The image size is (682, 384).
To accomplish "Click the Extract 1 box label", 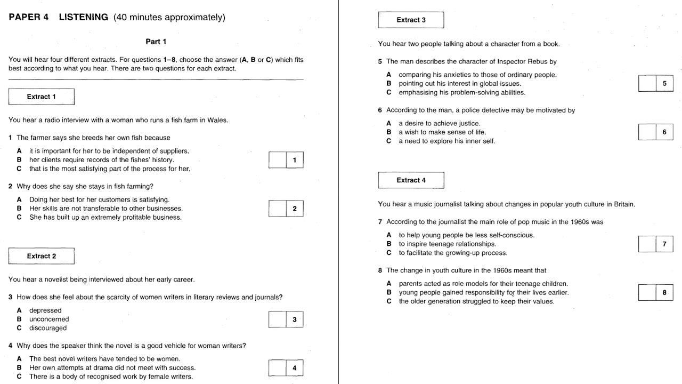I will (42, 97).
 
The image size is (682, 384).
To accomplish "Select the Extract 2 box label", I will (42, 256).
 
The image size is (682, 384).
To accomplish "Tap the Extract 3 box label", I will (411, 20).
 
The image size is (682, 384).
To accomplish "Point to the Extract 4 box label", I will (411, 180).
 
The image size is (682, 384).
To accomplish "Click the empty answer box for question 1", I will (278, 160).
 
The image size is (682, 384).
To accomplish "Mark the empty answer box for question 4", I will (278, 368).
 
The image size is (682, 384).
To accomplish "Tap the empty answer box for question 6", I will (647, 132).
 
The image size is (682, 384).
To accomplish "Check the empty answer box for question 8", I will (647, 293).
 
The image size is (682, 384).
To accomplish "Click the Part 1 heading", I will (156, 42).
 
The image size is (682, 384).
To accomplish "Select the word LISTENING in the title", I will (83, 18).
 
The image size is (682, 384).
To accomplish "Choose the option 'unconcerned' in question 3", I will (49, 319).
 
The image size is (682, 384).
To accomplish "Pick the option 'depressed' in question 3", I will (45, 310).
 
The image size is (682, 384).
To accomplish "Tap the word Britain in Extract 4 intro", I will (623, 204).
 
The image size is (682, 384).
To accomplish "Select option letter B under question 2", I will (19, 209).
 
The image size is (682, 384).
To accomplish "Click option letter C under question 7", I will (389, 253).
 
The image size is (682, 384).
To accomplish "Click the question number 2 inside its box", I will (295, 209).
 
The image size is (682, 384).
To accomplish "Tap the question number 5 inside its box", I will (664, 84).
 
